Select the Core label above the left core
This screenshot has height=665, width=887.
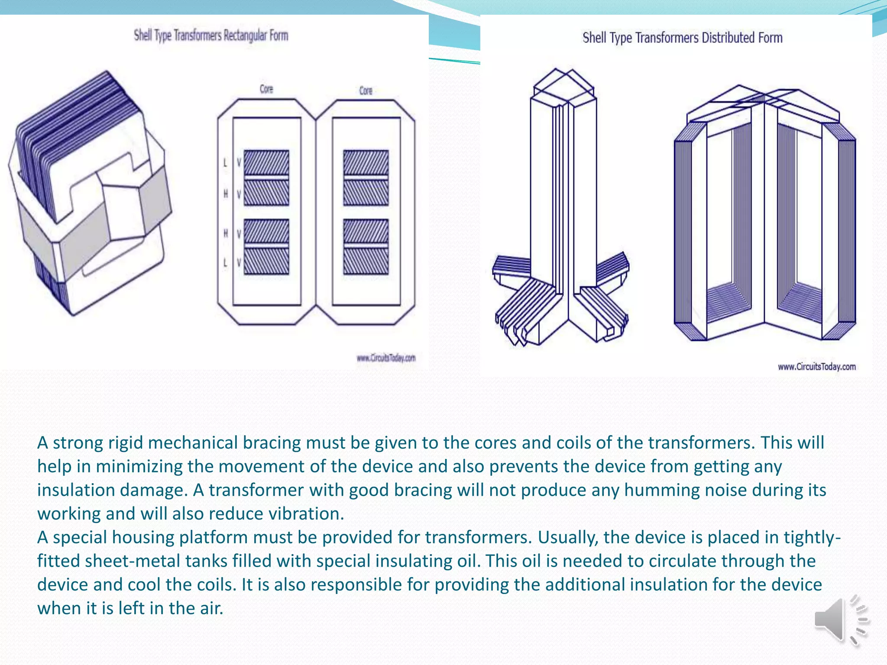tap(266, 89)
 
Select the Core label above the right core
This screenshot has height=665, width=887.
tap(366, 90)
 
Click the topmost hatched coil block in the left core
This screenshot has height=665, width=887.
tap(266, 162)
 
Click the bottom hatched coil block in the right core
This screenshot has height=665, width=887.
tap(366, 261)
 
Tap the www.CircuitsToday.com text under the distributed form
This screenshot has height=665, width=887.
tap(816, 367)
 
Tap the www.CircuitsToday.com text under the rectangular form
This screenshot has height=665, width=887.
tap(386, 358)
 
